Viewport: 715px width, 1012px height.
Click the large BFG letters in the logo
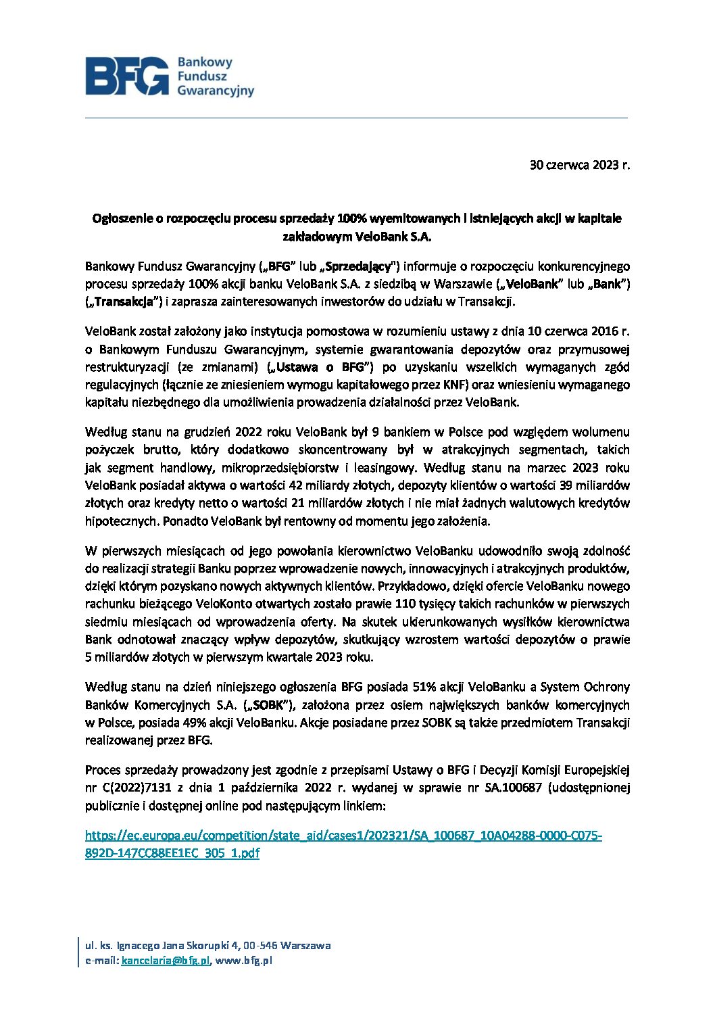point(127,76)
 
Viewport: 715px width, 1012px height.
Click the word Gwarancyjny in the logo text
point(216,91)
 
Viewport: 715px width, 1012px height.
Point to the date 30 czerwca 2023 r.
point(579,165)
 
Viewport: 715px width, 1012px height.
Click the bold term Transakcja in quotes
point(124,302)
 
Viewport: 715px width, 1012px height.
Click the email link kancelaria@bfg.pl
point(166,961)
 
